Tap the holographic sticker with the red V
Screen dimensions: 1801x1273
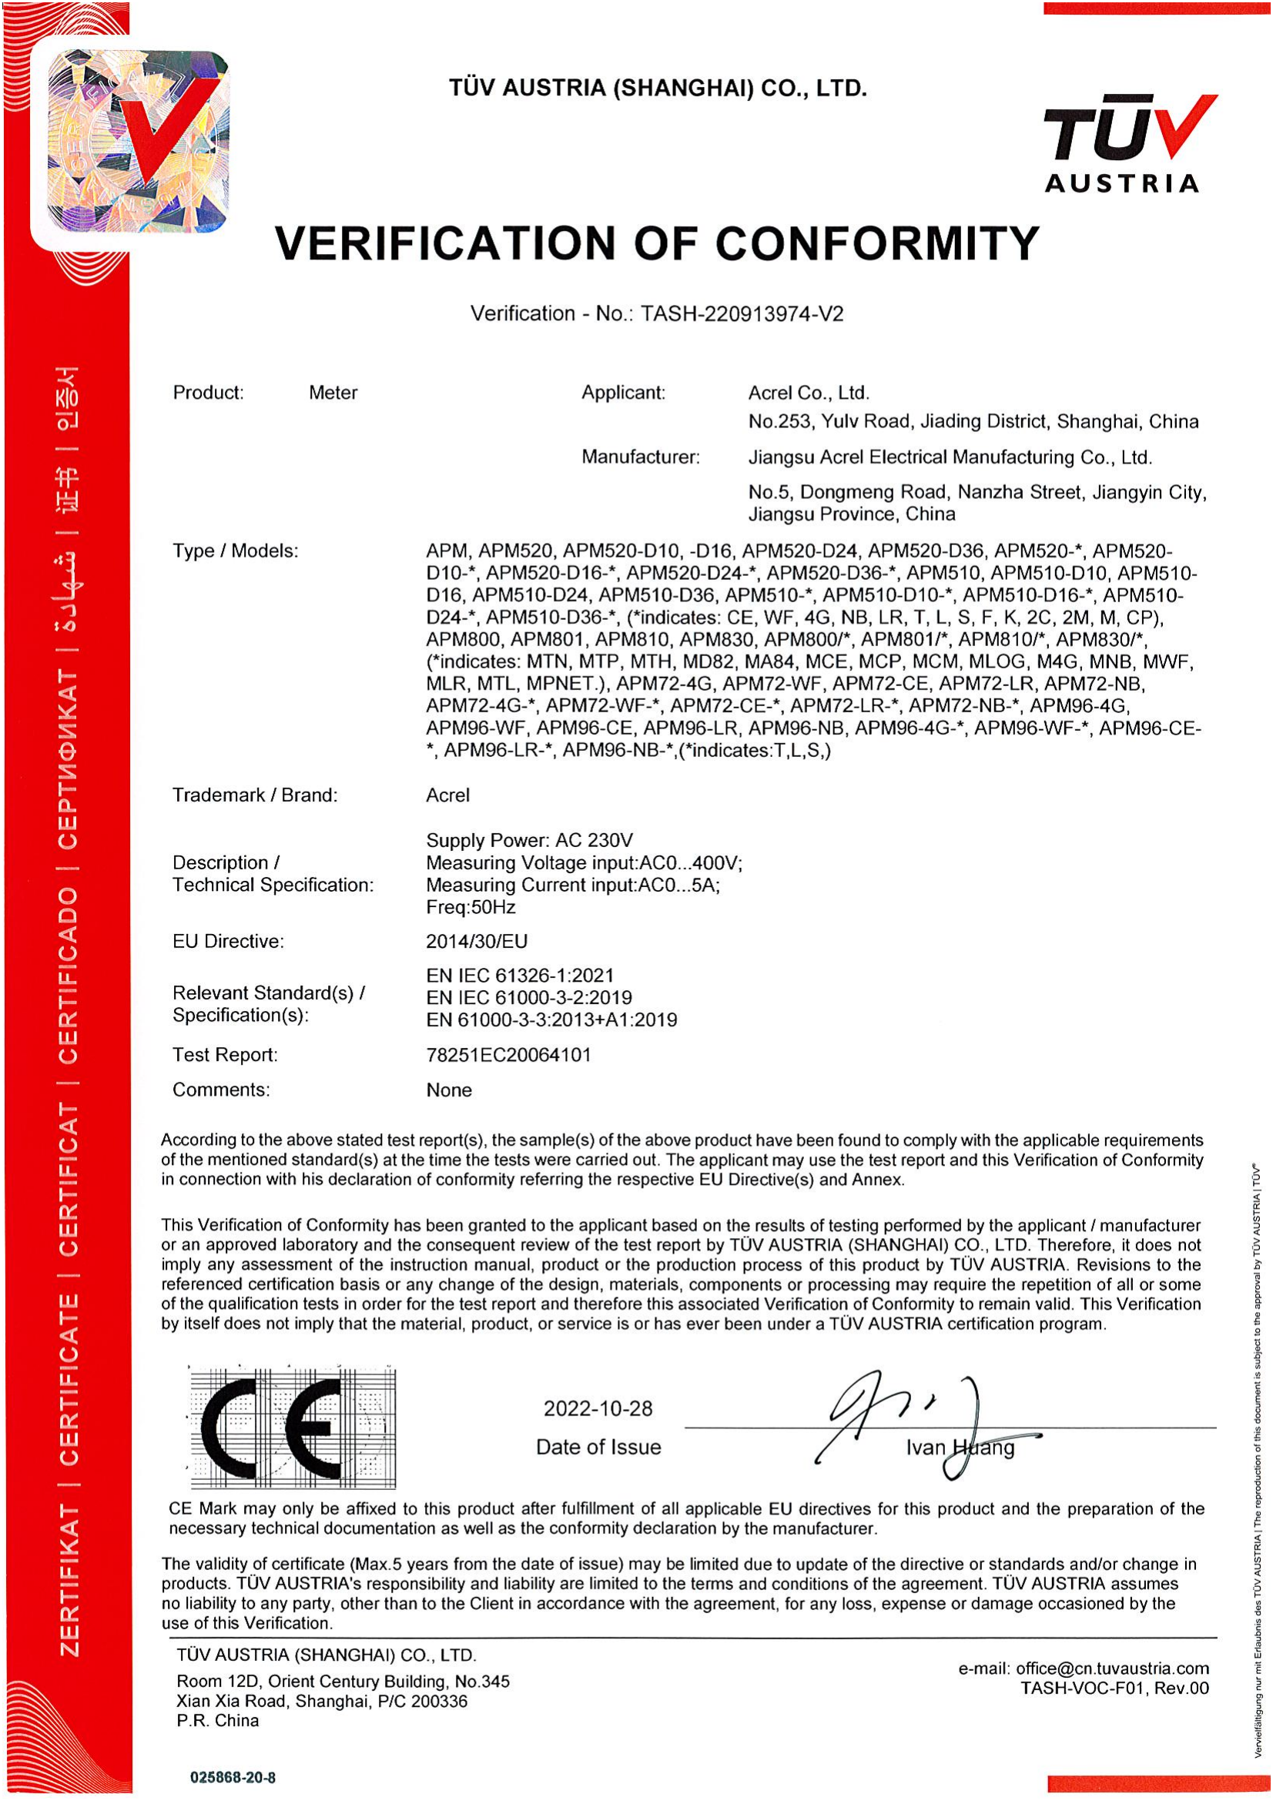pyautogui.click(x=137, y=141)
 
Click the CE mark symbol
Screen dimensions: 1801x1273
pyautogui.click(x=293, y=1428)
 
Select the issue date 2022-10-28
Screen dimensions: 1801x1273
pyautogui.click(x=598, y=1408)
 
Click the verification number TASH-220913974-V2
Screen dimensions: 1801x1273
pyautogui.click(x=741, y=313)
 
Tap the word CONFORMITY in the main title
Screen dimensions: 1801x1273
pyautogui.click(x=877, y=243)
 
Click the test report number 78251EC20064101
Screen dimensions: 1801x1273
pyautogui.click(x=508, y=1054)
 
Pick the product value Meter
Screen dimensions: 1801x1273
pyautogui.click(x=333, y=392)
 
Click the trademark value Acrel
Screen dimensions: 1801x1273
pyautogui.click(x=448, y=795)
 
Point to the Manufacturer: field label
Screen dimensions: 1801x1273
pyautogui.click(x=640, y=457)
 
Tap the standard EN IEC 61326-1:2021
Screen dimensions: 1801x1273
pyautogui.click(x=520, y=975)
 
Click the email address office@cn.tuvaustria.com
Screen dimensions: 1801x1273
pyautogui.click(x=1111, y=1668)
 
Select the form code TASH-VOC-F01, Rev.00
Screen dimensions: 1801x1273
pyautogui.click(x=1114, y=1688)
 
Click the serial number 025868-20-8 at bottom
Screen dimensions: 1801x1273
pyautogui.click(x=233, y=1776)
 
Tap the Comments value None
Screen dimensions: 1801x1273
pyautogui.click(x=449, y=1090)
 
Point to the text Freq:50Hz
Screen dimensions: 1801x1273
pyautogui.click(x=471, y=907)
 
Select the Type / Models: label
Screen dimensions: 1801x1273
pyautogui.click(x=236, y=551)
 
